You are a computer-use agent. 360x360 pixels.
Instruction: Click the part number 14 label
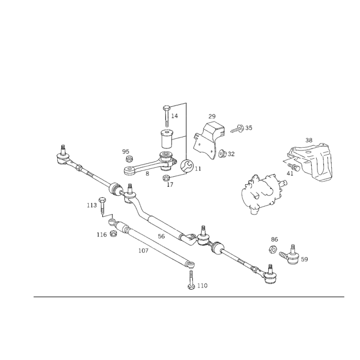(175, 116)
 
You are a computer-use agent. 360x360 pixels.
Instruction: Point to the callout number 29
(212, 116)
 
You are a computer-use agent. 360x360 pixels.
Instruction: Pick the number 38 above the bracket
(309, 140)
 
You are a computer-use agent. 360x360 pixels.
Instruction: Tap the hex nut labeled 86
(273, 250)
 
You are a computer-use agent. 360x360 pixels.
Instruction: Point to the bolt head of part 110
(191, 287)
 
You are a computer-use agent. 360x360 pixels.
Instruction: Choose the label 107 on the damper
(143, 251)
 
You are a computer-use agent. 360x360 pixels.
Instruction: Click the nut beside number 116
(114, 234)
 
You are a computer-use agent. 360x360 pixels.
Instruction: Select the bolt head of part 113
(102, 199)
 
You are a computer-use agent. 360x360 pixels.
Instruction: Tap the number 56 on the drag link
(162, 236)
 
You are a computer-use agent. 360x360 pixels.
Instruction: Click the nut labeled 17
(166, 178)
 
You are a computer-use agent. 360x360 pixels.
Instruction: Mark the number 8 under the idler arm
(147, 174)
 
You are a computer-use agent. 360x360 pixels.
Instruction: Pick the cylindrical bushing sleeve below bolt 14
(166, 139)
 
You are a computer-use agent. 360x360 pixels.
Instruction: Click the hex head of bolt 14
(166, 108)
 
